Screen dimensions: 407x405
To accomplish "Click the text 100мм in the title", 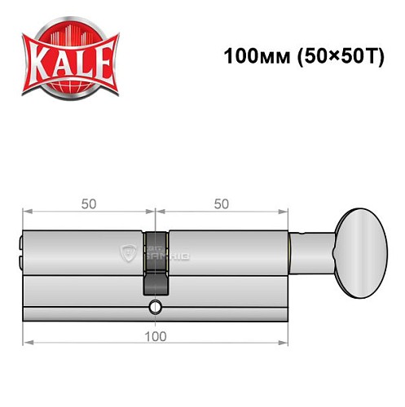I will (x=249, y=58).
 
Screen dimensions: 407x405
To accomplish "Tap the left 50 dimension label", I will (x=86, y=204).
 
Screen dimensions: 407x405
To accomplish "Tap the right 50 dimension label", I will (x=221, y=204).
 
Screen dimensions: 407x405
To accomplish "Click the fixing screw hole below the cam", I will (x=155, y=307).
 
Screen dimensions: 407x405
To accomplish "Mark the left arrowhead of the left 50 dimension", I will (x=25, y=214).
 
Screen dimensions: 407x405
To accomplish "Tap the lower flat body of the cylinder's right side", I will (x=228, y=297).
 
